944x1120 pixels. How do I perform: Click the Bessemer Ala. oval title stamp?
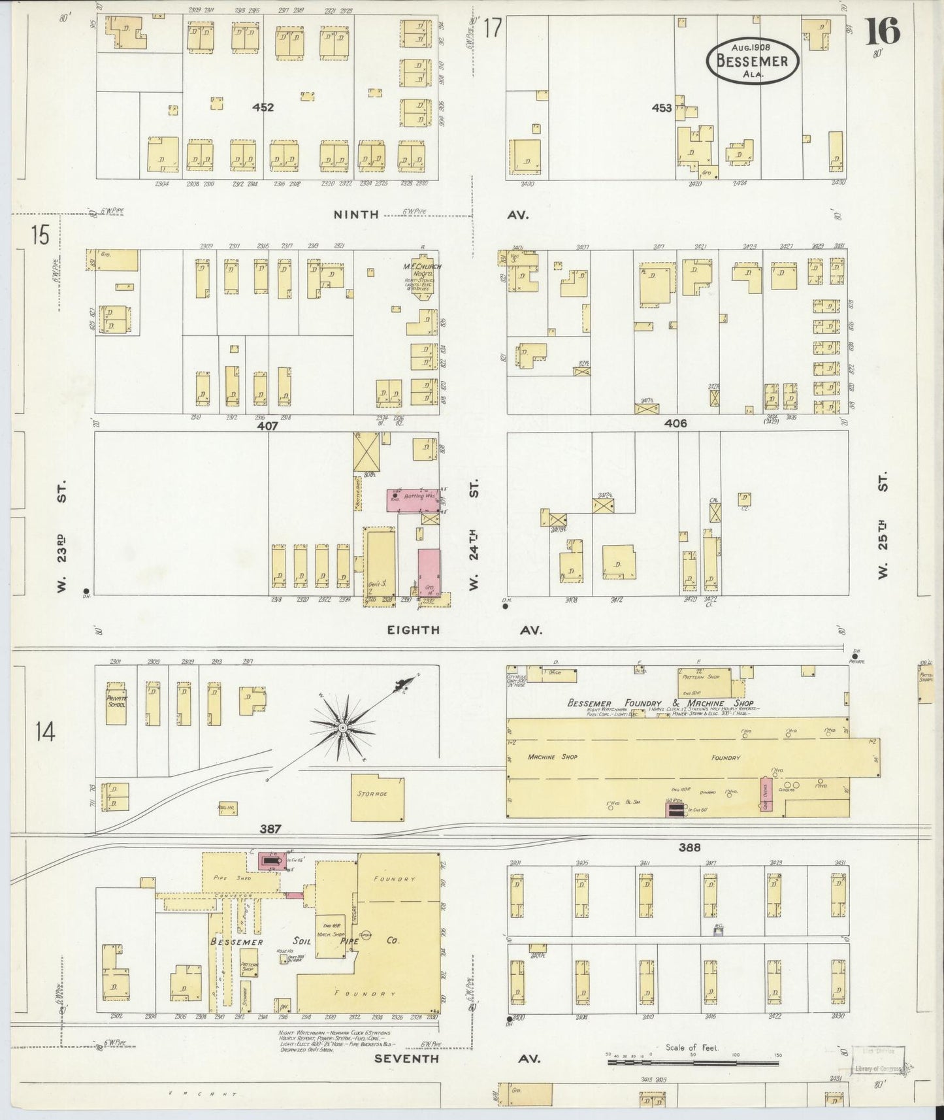point(752,60)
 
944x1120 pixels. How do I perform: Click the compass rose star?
point(342,727)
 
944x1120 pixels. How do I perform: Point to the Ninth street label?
point(356,214)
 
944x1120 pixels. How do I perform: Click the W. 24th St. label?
point(474,535)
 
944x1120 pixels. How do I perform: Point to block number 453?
point(661,108)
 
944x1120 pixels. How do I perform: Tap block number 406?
point(675,423)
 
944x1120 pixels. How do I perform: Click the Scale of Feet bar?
point(693,1063)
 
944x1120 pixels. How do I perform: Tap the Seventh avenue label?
point(406,1058)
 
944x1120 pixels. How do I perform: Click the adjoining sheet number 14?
point(45,733)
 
